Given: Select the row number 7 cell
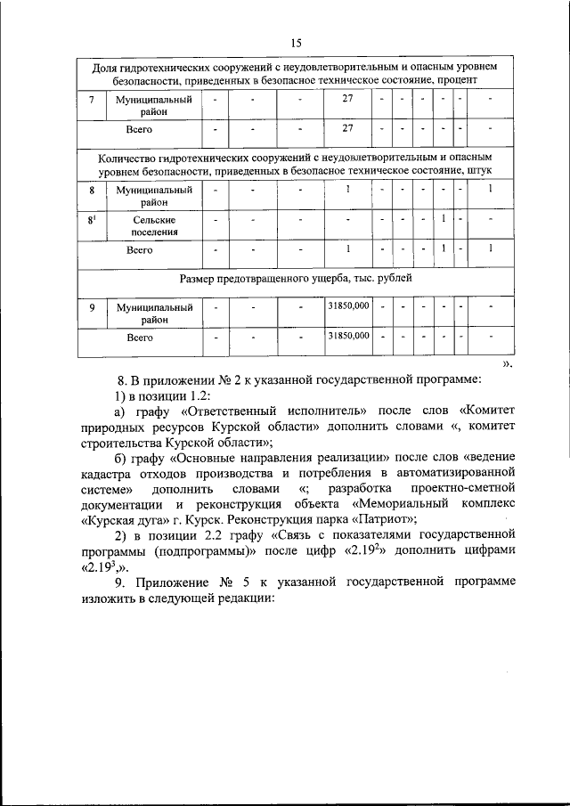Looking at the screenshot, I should pos(92,100).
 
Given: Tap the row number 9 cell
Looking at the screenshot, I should pos(92,307).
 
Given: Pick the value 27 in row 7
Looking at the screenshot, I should pos(348,100).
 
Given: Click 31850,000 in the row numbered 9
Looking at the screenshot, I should pos(348,306).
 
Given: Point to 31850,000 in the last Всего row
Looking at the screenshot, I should pos(348,338).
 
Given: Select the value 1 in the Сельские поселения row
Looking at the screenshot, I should pos(443,219).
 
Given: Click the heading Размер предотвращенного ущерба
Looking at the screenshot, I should pos(296,278).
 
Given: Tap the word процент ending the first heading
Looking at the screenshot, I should pos(458,79).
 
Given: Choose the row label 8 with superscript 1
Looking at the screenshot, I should pos(92,219).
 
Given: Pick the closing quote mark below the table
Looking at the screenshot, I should pos(508,363).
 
